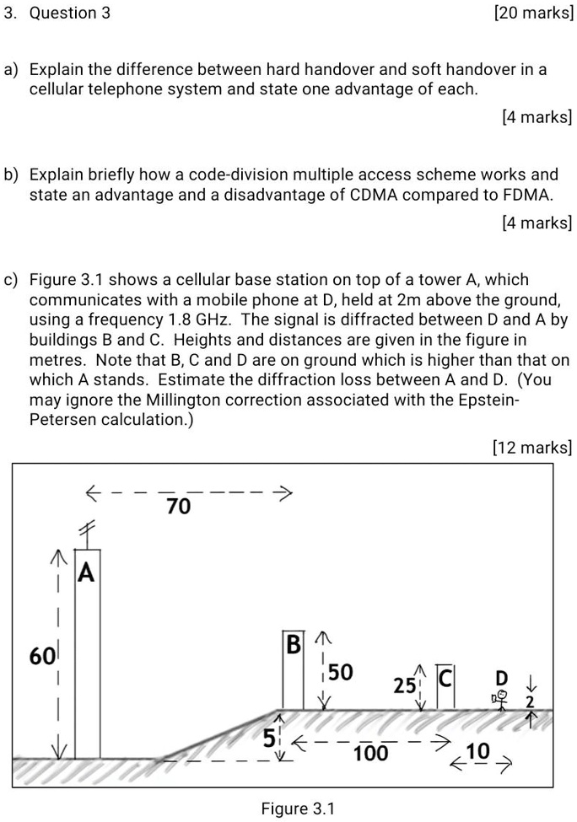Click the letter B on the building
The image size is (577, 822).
point(293,647)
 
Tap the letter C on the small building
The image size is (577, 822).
point(445,677)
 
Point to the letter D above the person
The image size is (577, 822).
point(502,678)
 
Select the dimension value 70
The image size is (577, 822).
point(179,507)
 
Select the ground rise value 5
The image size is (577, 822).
point(268,739)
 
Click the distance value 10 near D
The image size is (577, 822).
point(477,751)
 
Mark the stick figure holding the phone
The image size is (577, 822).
point(500,700)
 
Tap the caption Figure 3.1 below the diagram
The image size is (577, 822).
point(298,809)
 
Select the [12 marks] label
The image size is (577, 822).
point(531,447)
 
